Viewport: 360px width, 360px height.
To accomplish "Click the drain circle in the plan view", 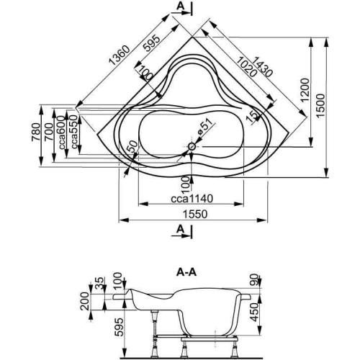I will [192, 148].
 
